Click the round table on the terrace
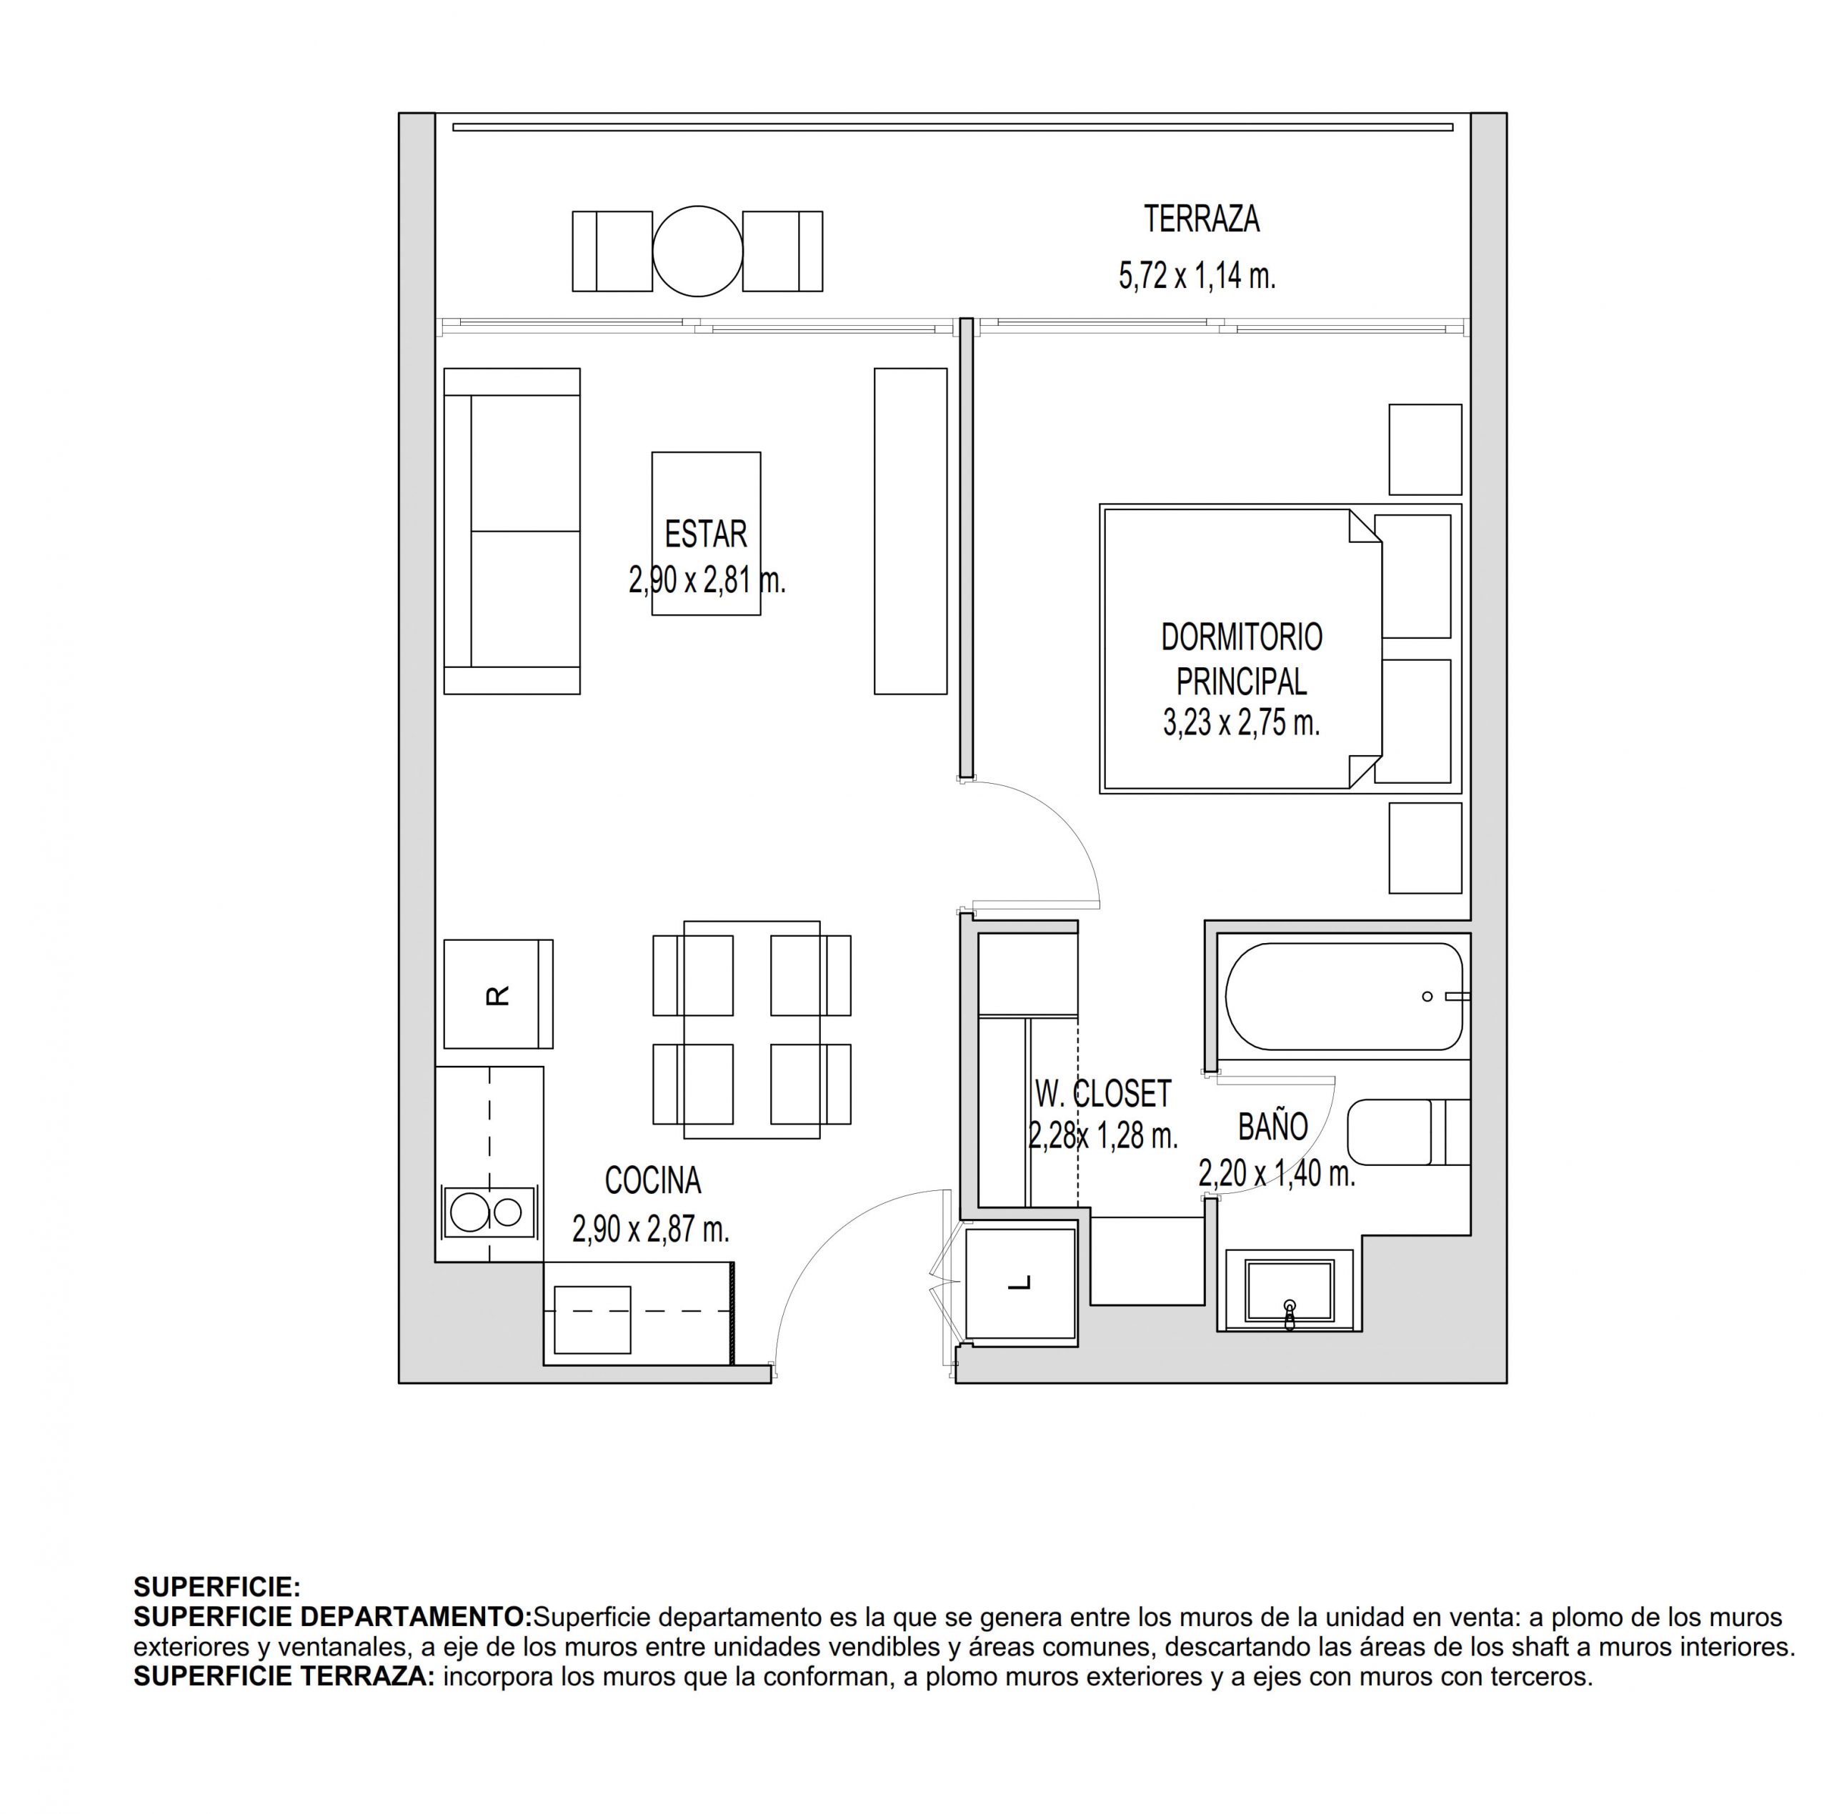pos(698,251)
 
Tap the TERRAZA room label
pos(1201,219)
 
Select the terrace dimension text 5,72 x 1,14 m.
pos(1197,276)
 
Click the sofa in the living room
pos(512,531)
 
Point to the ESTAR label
pos(705,534)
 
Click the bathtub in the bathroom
pos(1345,996)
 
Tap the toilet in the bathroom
pos(1407,1132)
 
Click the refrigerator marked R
pos(498,994)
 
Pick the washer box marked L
pos(1020,1284)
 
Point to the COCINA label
pos(653,1180)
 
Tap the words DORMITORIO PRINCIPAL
pos(1241,659)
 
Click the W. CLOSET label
pos(1103,1094)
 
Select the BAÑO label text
pos(1273,1126)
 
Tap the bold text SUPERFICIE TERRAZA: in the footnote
pos(284,1677)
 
